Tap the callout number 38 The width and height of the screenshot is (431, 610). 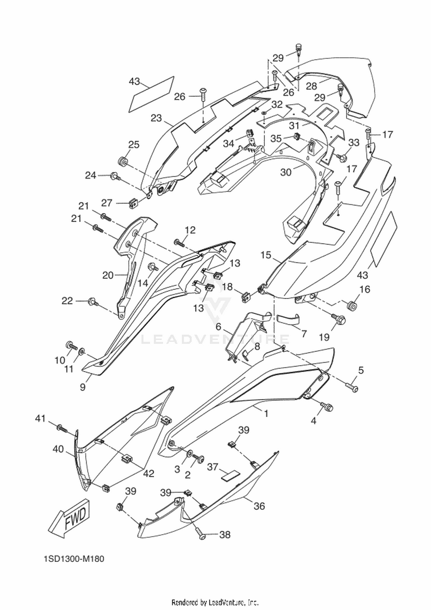point(225,535)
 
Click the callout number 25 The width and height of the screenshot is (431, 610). point(134,145)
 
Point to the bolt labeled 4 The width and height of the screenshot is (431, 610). point(326,406)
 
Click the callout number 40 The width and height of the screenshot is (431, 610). point(58,449)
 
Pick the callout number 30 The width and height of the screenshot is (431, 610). point(286,172)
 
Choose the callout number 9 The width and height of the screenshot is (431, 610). point(83,387)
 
